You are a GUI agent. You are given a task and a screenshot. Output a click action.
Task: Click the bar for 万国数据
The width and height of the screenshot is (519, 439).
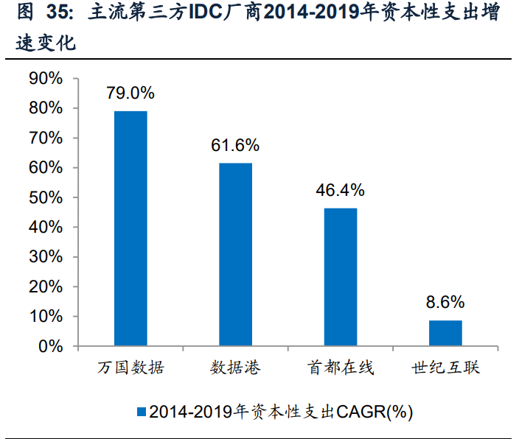point(130,228)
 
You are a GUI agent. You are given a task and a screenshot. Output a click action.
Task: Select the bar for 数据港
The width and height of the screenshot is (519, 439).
point(235,254)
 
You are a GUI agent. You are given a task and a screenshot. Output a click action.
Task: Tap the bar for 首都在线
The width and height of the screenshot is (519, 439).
point(340,277)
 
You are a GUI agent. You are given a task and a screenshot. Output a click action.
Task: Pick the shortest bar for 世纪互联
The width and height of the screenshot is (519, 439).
point(445,333)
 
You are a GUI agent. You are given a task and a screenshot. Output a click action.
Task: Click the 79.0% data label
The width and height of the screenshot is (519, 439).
point(130,93)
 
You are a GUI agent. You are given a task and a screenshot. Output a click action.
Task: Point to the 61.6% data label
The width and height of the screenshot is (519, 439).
point(235,145)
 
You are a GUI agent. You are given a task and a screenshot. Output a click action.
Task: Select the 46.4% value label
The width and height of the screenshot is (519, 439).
point(340,190)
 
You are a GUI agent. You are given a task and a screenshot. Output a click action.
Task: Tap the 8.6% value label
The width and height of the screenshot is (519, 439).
point(445,302)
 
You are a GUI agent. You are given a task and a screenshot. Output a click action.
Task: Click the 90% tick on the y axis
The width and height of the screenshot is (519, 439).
point(46,79)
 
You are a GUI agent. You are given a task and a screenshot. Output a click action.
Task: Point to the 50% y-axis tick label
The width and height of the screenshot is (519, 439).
point(46,197)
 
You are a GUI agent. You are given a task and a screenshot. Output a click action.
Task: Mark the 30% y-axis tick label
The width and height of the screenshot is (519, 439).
point(46,257)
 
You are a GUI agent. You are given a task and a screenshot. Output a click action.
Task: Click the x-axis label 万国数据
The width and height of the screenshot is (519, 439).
point(130,367)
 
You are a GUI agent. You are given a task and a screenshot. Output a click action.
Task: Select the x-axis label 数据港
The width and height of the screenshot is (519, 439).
point(235,367)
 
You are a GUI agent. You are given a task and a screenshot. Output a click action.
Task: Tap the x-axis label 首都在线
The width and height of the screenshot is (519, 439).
point(340,367)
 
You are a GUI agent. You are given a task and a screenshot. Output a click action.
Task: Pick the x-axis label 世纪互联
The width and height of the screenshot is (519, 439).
point(445,367)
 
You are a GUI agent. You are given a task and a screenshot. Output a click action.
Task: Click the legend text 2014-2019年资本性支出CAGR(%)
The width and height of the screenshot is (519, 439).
point(280,411)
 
